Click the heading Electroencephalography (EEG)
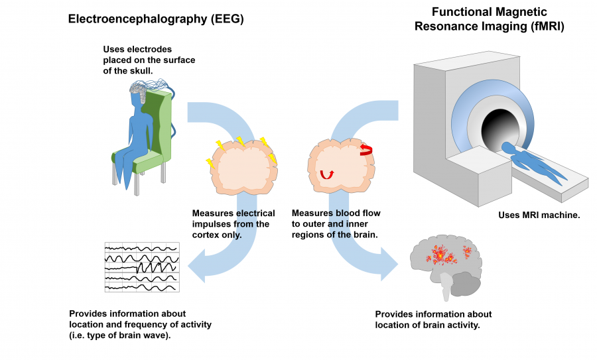coord(157,19)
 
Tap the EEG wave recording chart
coord(142,267)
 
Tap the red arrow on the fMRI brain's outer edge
coord(365,150)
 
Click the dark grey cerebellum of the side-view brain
coord(467,286)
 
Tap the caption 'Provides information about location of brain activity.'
coord(433,320)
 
